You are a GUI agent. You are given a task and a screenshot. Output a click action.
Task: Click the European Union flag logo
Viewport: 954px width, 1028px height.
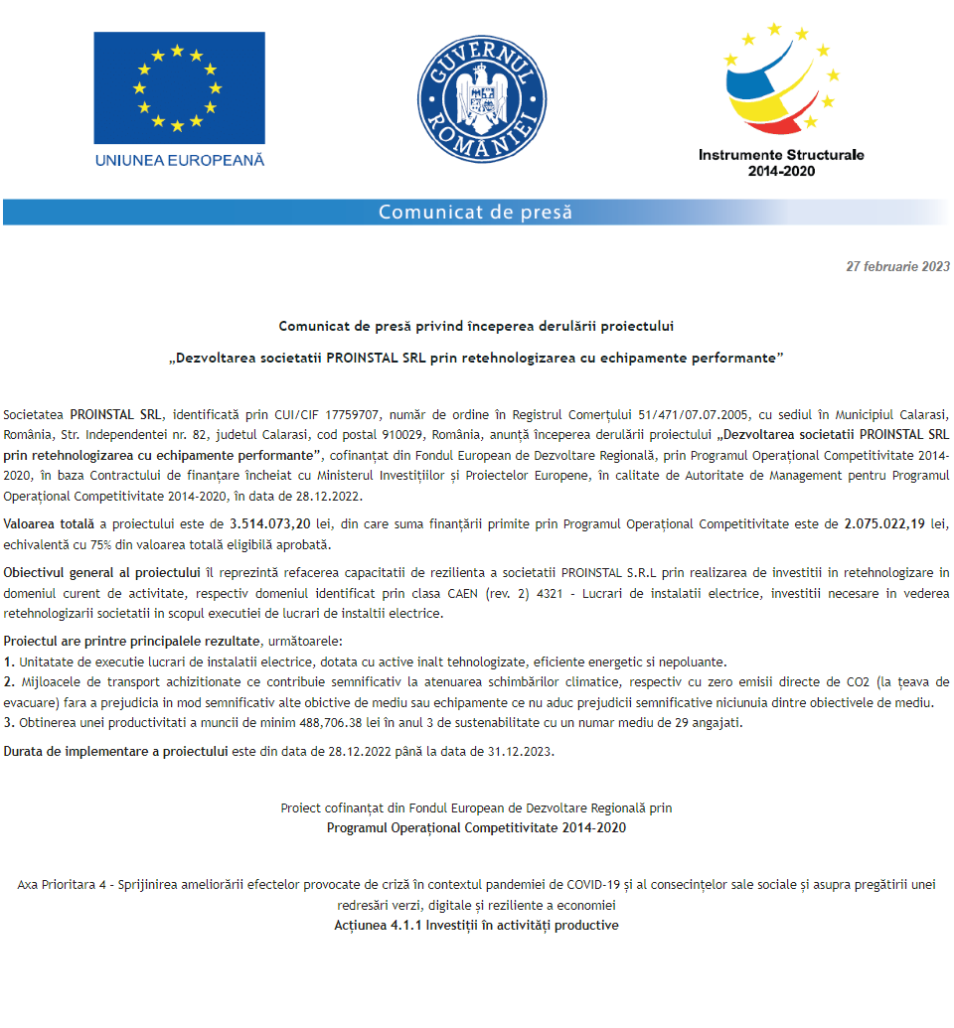tap(179, 87)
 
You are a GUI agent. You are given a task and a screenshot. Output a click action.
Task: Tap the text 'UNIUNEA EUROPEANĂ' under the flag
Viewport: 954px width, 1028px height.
tap(179, 159)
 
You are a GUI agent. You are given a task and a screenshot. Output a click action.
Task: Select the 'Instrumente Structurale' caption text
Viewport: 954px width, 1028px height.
tap(781, 155)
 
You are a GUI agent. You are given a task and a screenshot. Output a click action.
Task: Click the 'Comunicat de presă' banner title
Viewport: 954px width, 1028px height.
tap(475, 213)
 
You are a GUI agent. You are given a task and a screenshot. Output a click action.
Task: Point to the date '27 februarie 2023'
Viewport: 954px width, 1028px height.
tap(897, 266)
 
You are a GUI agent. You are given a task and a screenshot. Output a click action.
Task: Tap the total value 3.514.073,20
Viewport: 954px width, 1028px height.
tap(268, 522)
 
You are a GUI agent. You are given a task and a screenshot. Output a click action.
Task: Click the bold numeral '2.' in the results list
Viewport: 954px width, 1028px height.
tap(10, 682)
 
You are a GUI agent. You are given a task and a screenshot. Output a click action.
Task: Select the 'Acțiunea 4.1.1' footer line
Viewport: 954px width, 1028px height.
tap(476, 925)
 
